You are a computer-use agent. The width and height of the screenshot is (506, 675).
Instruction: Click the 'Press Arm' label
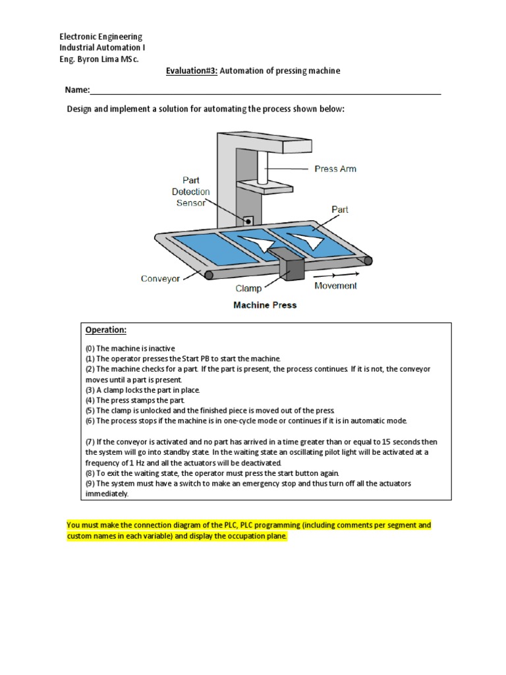[335, 169]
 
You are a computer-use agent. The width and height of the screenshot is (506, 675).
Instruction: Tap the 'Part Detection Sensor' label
[191, 191]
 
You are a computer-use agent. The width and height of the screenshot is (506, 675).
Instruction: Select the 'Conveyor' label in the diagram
[160, 279]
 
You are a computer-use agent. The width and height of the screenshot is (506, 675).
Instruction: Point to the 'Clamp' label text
[248, 288]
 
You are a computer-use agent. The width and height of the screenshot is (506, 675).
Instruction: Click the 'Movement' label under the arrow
[335, 285]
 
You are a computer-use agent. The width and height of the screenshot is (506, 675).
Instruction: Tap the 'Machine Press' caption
[265, 305]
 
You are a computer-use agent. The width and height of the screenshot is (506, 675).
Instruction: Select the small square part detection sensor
[249, 220]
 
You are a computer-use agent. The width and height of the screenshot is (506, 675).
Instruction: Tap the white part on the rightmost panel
[309, 238]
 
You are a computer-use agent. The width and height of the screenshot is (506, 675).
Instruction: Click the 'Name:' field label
[76, 90]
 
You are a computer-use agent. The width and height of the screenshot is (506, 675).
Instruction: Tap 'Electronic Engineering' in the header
[101, 37]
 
